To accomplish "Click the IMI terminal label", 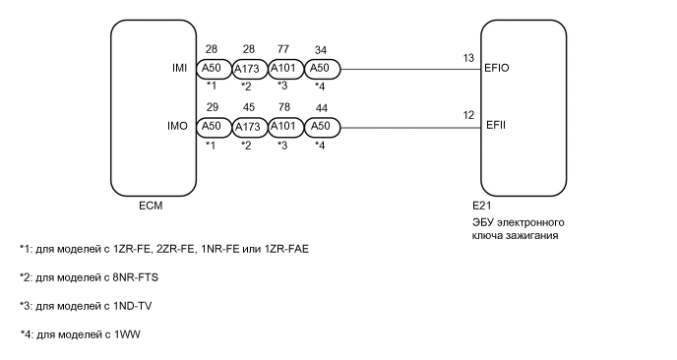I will click(x=179, y=69).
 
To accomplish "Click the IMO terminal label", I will click(x=178, y=126).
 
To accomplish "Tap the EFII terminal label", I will click(x=496, y=126).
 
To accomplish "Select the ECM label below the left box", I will click(x=151, y=208).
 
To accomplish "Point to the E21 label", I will click(x=481, y=208).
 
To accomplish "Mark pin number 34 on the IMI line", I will click(x=320, y=48).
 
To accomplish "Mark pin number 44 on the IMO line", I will click(x=320, y=105).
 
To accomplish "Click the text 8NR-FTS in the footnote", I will click(x=137, y=277).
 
